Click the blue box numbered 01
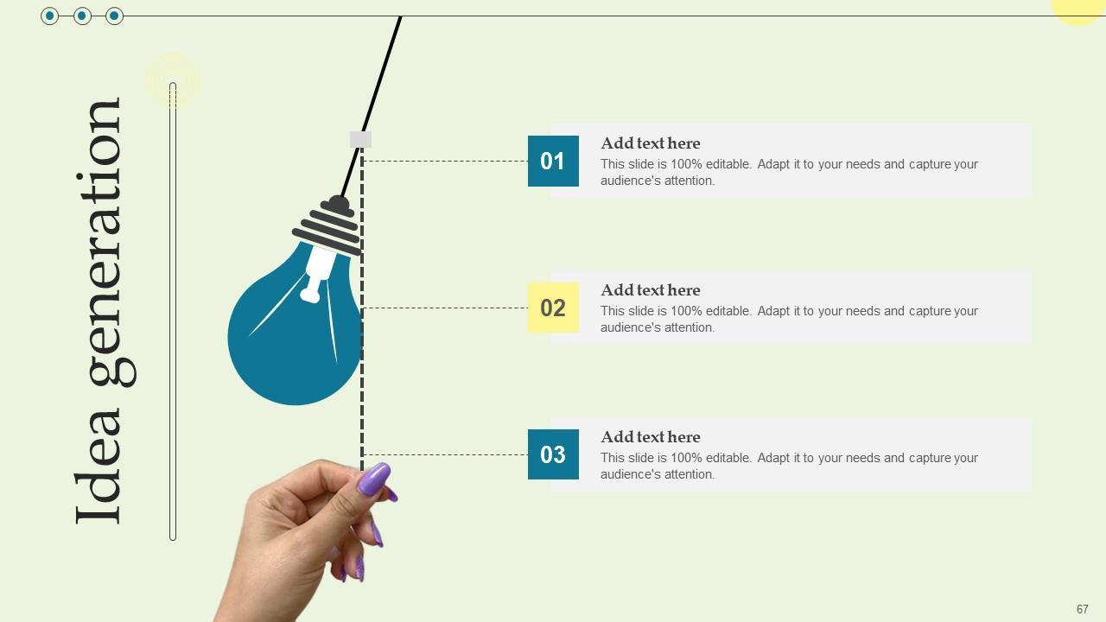[553, 161]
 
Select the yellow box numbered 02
[553, 308]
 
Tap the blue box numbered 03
[553, 454]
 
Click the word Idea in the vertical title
[98, 465]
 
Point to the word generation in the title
[105, 242]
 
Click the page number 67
[1083, 609]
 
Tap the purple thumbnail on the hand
[374, 479]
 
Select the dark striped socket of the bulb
[327, 227]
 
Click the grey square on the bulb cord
[360, 139]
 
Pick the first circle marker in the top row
[49, 16]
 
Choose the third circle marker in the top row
[114, 16]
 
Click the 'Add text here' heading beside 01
[651, 143]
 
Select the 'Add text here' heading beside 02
[651, 289]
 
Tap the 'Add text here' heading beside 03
[651, 437]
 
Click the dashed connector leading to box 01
[445, 161]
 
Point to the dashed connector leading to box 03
[445, 454]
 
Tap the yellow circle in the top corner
[1080, 9]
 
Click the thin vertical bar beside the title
[173, 311]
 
